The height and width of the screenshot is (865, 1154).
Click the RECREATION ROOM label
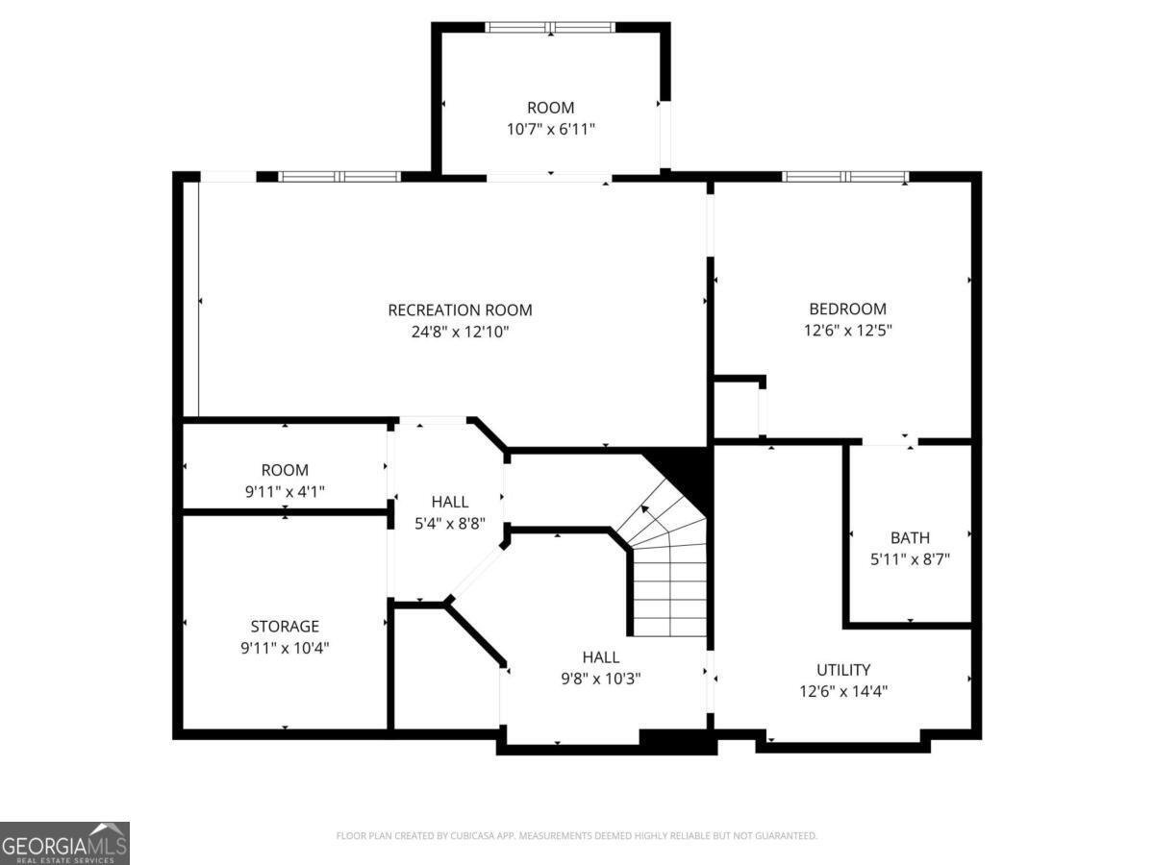point(460,309)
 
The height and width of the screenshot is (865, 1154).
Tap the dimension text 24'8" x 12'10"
point(460,332)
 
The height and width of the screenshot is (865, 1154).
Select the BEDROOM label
point(847,309)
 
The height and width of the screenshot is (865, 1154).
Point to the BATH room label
point(910,537)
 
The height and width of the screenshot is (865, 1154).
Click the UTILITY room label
point(843,669)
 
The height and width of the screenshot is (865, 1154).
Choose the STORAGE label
point(285,626)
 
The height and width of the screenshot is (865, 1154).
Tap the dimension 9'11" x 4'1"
point(285,491)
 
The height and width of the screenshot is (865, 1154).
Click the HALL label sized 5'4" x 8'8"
point(450,502)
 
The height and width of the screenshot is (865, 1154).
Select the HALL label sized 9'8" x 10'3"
point(600,657)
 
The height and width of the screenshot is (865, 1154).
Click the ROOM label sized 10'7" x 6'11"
point(550,108)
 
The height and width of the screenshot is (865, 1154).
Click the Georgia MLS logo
point(64,843)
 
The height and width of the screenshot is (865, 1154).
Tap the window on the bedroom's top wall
point(844,177)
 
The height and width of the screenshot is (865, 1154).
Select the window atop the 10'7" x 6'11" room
point(550,28)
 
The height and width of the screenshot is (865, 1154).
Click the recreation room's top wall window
point(339,177)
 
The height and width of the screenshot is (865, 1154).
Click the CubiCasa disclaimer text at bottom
point(576,836)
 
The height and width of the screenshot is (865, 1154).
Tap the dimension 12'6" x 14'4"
point(843,691)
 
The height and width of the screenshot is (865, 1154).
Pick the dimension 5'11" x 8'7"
point(910,558)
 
